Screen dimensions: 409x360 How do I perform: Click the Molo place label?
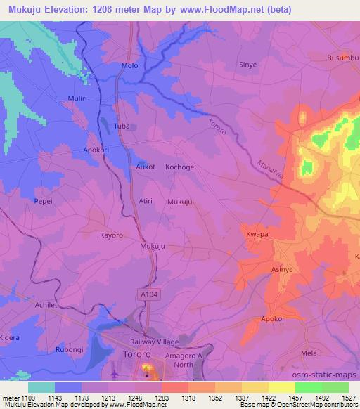point(129,65)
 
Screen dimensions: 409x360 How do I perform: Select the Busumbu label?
point(343,58)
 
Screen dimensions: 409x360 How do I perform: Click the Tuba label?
point(122,126)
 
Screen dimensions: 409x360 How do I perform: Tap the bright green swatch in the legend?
point(309,387)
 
